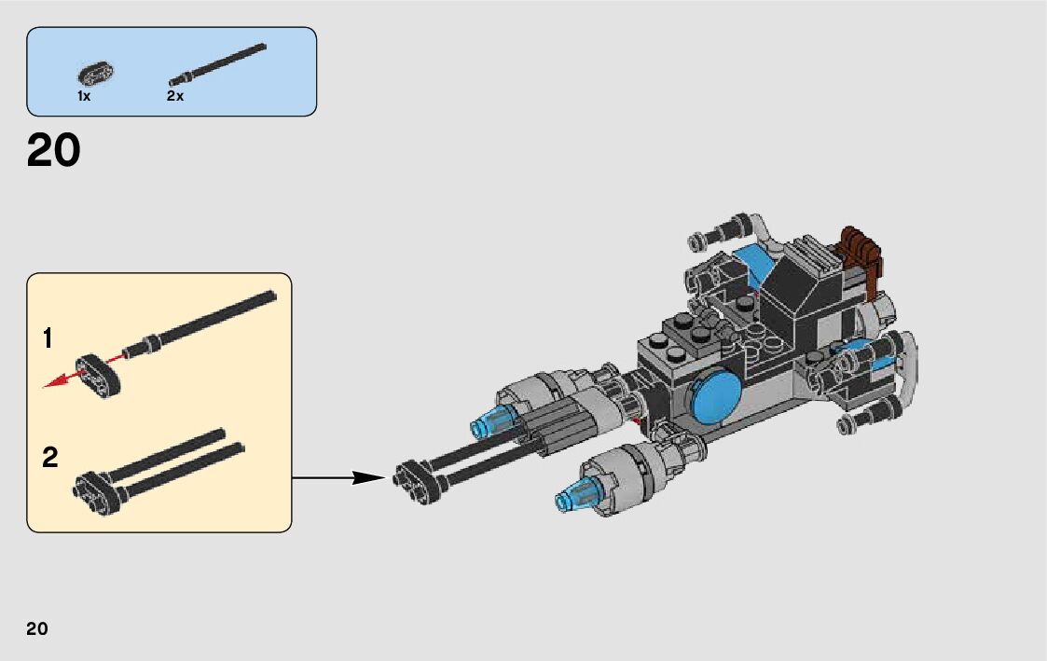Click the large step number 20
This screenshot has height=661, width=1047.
pyautogui.click(x=54, y=151)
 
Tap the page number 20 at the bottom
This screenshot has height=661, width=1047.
pyautogui.click(x=37, y=628)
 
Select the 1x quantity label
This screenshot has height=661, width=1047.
pyautogui.click(x=84, y=96)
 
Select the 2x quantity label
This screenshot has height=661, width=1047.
pyautogui.click(x=175, y=96)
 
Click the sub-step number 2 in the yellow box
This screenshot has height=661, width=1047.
pyautogui.click(x=50, y=458)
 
